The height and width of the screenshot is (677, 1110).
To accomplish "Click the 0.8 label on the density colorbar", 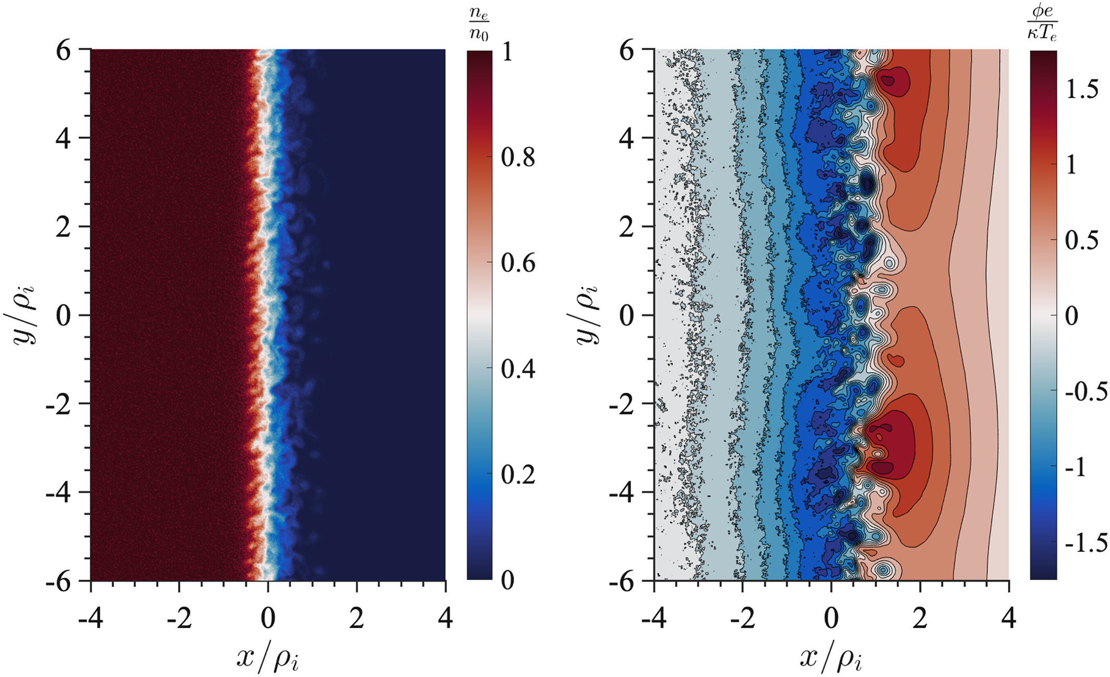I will pos(518,157).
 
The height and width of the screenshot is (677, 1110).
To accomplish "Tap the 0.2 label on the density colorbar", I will pos(518,474).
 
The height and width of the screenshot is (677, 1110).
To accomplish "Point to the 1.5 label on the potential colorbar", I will pos(1082,90).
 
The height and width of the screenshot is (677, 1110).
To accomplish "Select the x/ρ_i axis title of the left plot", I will pos(268,658).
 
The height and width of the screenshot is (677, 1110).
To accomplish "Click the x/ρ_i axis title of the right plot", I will pos(831,658).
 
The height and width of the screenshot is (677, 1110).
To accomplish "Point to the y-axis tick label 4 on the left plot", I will pos(64,139).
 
